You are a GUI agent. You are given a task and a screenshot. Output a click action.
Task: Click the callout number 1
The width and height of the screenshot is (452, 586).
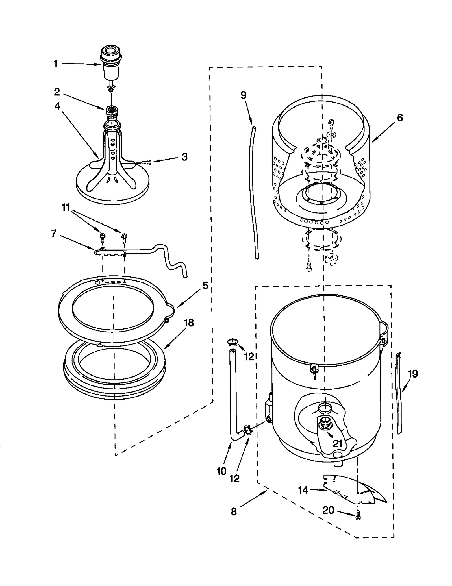56,64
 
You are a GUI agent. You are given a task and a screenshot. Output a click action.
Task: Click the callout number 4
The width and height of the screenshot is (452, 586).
57,106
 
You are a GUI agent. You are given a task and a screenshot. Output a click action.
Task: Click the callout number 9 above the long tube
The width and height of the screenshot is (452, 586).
243,95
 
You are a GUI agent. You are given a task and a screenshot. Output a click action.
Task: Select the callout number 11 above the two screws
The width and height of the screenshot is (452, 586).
66,208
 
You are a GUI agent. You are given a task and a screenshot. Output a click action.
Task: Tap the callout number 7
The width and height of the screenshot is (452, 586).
54,233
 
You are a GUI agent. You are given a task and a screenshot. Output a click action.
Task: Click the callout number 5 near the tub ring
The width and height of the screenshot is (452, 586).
205,286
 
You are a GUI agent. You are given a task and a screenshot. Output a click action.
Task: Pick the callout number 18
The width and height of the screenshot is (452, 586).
189,323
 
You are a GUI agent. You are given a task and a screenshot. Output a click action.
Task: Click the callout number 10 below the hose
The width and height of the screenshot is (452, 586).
221,471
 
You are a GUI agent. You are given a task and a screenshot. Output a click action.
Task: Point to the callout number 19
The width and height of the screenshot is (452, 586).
413,374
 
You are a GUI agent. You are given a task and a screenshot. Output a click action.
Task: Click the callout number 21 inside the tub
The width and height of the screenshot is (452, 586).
337,443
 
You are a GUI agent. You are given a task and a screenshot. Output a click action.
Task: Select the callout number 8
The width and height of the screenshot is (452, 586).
234,512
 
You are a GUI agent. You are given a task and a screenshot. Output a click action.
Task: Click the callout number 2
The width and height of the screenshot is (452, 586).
57,92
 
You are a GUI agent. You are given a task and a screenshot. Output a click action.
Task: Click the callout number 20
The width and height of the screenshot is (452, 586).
328,510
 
